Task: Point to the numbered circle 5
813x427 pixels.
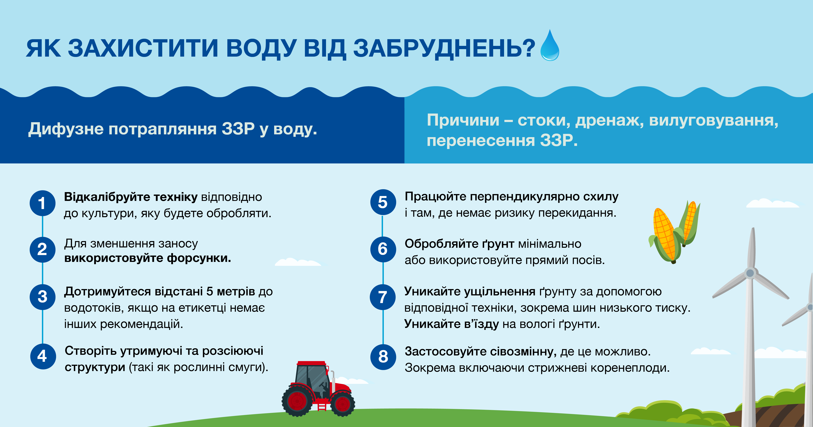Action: (383, 202)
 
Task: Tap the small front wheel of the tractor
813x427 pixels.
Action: (342, 404)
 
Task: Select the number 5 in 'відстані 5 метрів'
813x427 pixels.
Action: (210, 291)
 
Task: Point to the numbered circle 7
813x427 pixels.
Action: (383, 297)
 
